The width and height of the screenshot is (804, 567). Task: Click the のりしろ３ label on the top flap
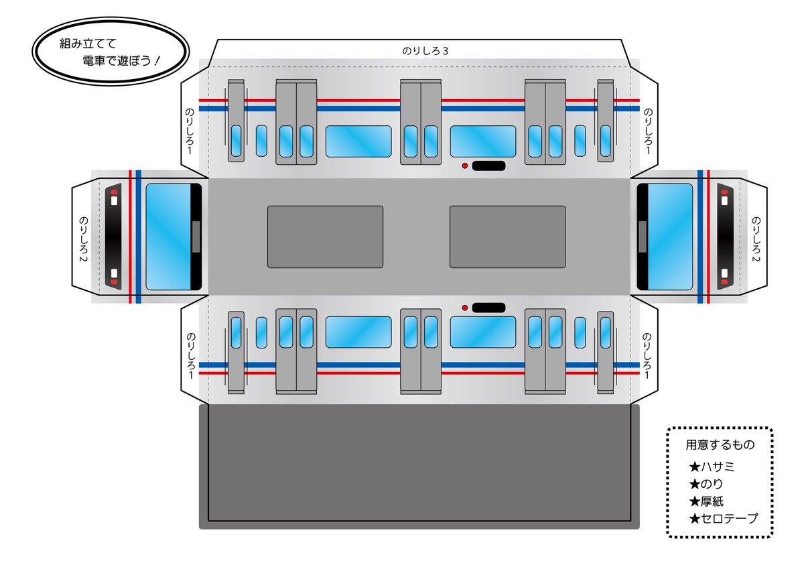coord(425,51)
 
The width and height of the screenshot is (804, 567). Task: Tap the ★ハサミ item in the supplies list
coord(712,467)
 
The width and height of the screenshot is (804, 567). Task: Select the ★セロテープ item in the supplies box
coord(723,519)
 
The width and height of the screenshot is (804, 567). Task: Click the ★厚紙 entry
coord(706,501)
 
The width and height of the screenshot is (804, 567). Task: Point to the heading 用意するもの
coord(720,445)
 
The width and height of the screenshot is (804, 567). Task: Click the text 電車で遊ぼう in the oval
coord(117,61)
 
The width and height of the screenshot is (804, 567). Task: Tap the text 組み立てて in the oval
coord(88,44)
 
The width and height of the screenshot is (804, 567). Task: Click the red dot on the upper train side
coord(464,166)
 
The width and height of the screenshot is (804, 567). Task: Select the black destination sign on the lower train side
coord(488,308)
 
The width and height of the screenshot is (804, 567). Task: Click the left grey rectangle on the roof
coord(325,237)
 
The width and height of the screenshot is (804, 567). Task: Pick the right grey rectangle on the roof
coord(508,237)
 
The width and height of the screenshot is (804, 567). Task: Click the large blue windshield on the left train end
coord(169,237)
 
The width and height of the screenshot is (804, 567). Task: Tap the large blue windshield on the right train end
coord(670,237)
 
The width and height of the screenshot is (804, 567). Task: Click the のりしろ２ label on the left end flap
coord(83,239)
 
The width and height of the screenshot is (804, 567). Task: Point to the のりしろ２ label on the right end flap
coord(756,239)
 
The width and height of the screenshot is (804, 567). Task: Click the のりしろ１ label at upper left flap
coord(190,131)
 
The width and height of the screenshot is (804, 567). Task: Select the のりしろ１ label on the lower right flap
coord(647,356)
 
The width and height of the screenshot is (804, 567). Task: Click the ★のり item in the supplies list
coord(706,484)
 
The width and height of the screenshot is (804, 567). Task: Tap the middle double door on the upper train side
coord(421,122)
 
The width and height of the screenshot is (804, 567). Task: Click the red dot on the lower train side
coord(464,308)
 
